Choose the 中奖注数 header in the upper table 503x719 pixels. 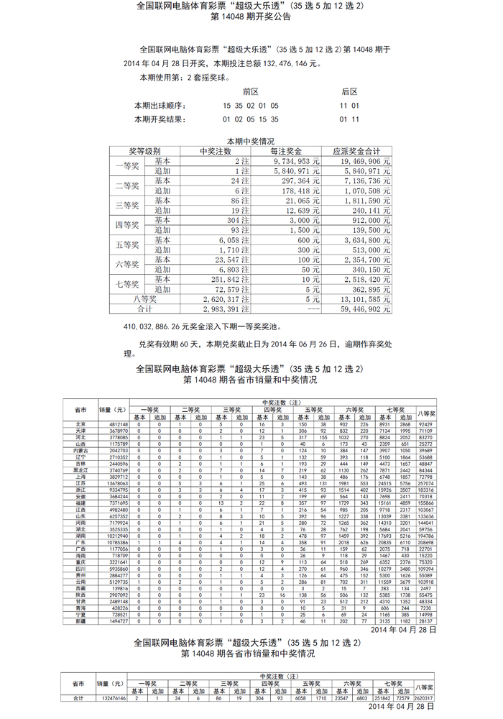click(215, 152)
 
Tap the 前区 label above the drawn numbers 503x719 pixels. click(250, 91)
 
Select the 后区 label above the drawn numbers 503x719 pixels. click(349, 91)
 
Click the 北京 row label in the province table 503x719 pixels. click(81, 424)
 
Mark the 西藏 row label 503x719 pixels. click(81, 587)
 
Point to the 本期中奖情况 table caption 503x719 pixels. click(251, 142)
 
